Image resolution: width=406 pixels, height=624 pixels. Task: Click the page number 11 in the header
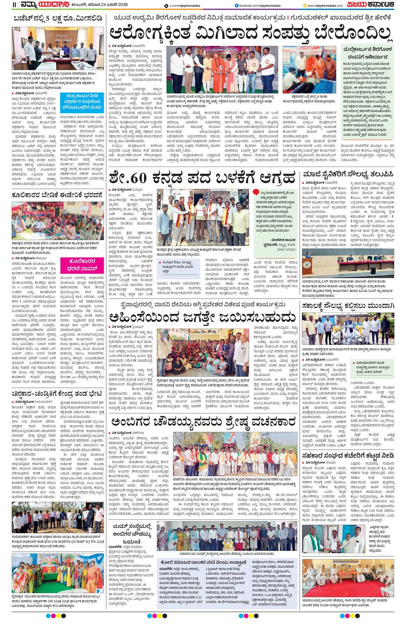[x=14, y=5]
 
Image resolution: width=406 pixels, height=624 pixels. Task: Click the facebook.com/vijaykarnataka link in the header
[x=258, y=5]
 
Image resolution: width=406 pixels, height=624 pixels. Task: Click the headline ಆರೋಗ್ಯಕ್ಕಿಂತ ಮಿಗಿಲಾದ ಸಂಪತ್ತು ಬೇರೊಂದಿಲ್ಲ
[x=250, y=33]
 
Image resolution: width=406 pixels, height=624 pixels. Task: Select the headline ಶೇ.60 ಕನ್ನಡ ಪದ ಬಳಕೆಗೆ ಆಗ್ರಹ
[x=202, y=178]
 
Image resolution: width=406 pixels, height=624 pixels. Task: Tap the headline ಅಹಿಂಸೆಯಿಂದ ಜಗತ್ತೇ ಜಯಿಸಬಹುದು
[x=203, y=317]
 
